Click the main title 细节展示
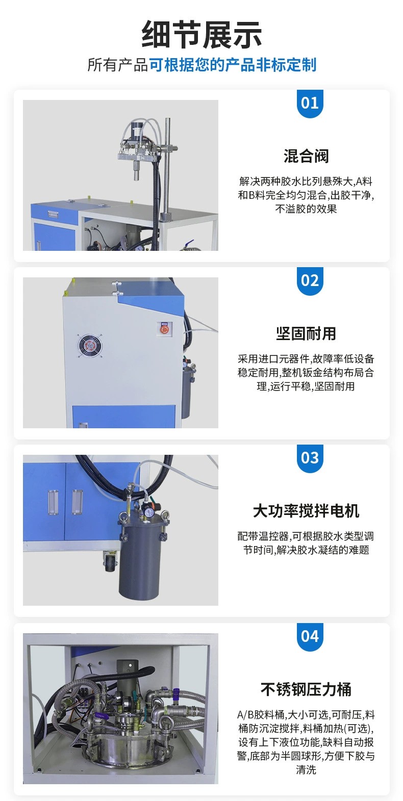tap(202, 35)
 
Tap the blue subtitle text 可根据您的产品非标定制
tap(232, 65)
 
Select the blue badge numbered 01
tap(310, 104)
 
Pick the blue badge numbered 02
tap(310, 281)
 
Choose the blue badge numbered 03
tap(310, 458)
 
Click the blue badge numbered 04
tap(310, 636)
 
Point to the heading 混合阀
tap(306, 156)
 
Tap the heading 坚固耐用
tap(306, 333)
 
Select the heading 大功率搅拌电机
tap(306, 511)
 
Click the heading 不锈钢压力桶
tap(306, 689)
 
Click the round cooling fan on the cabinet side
tap(90, 346)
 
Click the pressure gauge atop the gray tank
tap(147, 512)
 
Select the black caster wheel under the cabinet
tap(110, 564)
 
